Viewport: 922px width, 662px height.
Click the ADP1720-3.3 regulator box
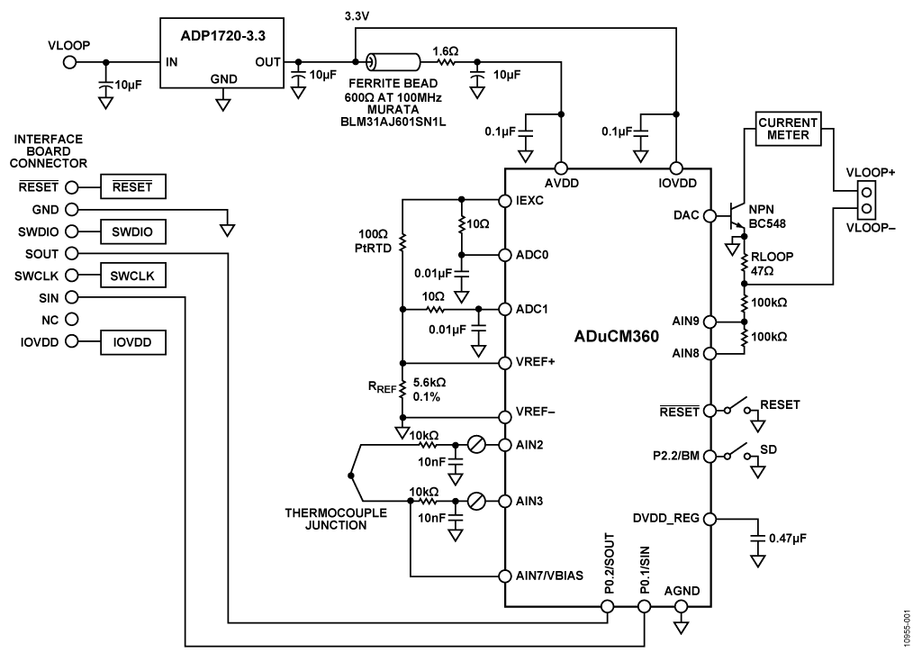point(221,52)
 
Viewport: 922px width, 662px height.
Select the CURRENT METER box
point(788,129)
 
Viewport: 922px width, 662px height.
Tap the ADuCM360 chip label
point(617,336)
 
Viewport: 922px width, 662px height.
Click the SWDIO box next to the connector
point(133,231)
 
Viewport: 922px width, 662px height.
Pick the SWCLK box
point(133,276)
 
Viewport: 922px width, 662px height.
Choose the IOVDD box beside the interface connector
point(133,341)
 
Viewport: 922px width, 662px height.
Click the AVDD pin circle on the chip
point(561,168)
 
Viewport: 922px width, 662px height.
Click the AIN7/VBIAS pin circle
point(505,575)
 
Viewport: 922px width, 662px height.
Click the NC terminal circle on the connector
point(69,319)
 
